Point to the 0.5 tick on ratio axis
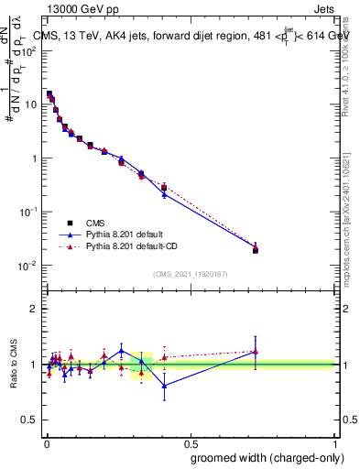32,420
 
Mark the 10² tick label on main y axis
30,50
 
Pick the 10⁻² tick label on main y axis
30,266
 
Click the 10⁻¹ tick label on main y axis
30,212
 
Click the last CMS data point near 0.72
256,250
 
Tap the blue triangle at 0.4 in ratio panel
164,386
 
